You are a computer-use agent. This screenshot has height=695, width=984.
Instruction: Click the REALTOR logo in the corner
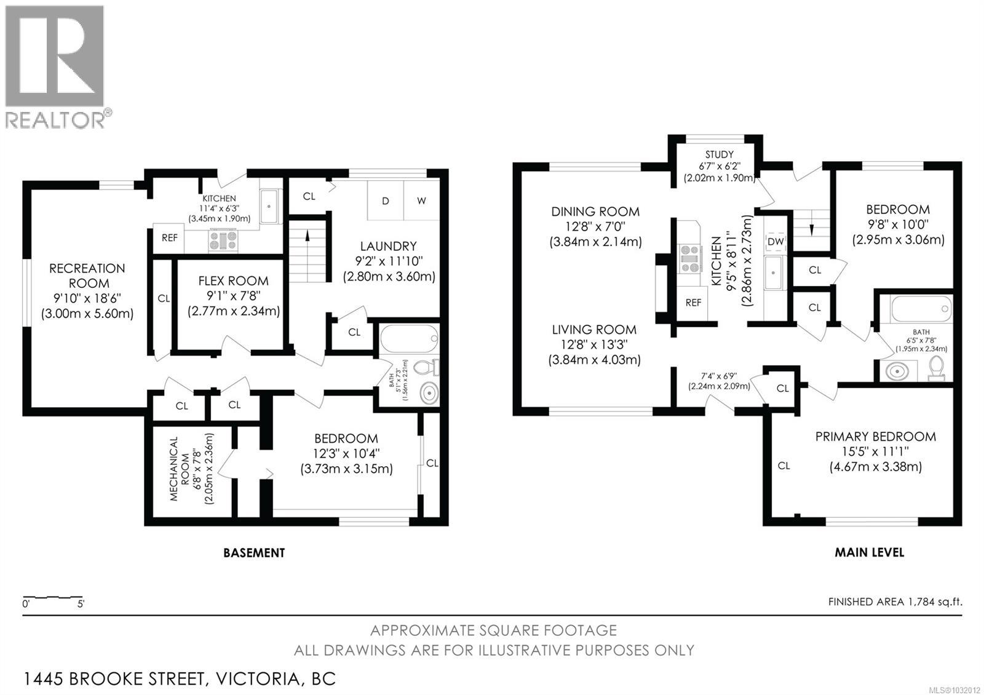[57, 67]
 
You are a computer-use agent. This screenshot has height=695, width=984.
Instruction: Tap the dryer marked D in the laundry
[385, 201]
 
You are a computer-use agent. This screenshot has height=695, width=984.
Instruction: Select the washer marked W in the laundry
[421, 201]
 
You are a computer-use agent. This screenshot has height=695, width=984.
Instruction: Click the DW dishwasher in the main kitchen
[776, 241]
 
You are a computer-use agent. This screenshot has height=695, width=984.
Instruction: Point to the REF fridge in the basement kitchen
[169, 237]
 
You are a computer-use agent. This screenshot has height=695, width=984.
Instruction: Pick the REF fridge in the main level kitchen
[692, 302]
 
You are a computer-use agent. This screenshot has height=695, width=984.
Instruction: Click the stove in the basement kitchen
[224, 240]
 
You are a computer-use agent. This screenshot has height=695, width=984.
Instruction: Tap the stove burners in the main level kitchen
[689, 259]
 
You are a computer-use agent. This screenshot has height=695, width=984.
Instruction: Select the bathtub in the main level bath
[921, 309]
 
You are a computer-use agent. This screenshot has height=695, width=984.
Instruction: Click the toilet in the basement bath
[426, 367]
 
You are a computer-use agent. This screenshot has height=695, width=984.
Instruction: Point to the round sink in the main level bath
[897, 371]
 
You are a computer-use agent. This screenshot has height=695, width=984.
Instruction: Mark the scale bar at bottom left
[53, 600]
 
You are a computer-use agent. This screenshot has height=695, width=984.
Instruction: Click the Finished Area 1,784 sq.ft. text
[895, 602]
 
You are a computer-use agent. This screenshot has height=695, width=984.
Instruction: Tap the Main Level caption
[870, 552]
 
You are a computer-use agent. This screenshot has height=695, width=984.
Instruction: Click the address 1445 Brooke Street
[179, 679]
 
